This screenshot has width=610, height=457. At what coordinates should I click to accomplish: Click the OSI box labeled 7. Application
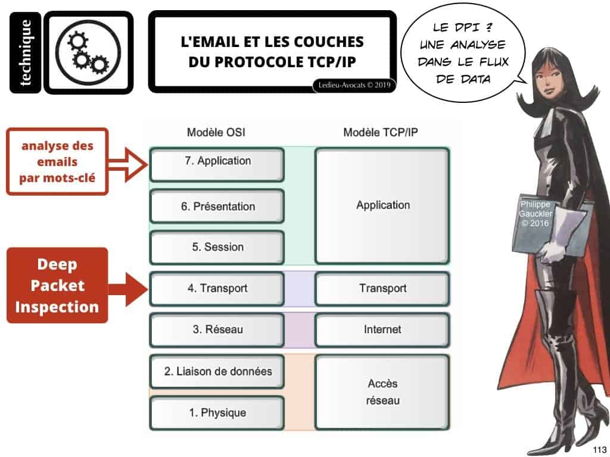pos(217,165)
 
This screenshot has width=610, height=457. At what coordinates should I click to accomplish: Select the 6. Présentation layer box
pos(217,206)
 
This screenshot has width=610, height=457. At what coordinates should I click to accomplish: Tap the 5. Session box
pos(217,248)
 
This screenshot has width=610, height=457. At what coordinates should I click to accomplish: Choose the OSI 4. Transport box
pos(217,289)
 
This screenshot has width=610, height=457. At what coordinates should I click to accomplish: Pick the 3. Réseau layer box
pos(217,330)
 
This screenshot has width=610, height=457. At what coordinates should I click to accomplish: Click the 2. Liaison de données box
pos(217,371)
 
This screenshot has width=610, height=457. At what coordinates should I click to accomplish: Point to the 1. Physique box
pos(217,413)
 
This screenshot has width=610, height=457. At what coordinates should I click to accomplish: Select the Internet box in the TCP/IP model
pos(382,330)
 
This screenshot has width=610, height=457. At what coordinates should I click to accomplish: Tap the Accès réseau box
pos(382,392)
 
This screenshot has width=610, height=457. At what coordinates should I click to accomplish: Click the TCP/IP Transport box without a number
pos(382,289)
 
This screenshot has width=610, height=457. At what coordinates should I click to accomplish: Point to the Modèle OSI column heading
pos(216,133)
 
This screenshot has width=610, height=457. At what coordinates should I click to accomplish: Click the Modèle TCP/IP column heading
pos(381,133)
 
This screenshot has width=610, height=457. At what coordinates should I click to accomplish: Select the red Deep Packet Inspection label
pos(57,285)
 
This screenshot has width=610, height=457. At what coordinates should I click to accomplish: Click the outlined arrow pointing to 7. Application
pos(127,165)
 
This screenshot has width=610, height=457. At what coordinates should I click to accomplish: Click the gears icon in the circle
pos(88,52)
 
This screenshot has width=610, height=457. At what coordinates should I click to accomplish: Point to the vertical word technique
pos(25,52)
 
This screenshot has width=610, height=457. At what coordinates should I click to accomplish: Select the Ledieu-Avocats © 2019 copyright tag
pos(354,85)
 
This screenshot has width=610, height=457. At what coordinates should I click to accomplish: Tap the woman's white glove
pos(552,250)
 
